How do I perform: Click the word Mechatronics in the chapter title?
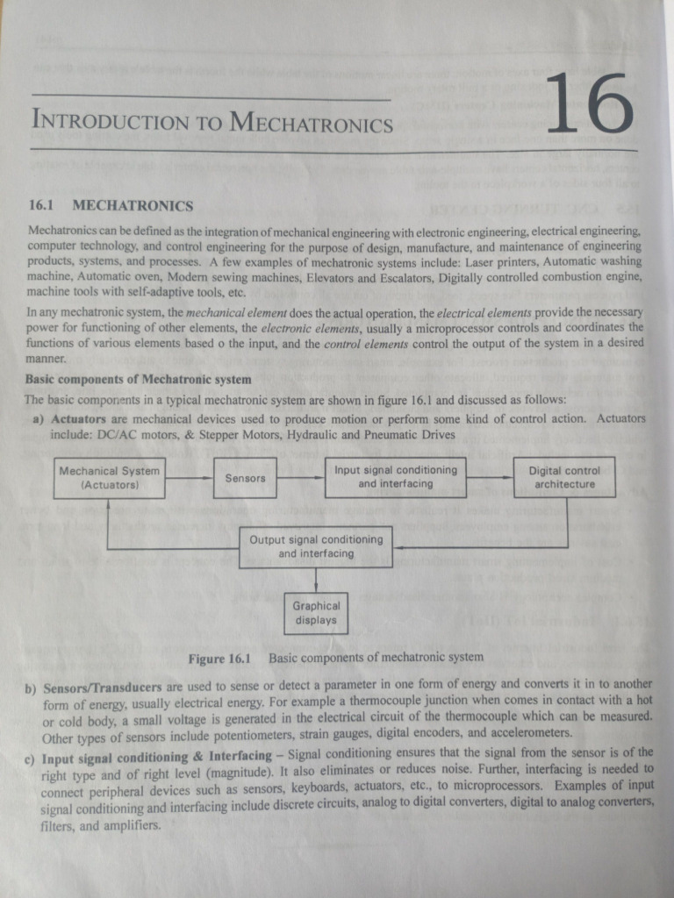click(311, 123)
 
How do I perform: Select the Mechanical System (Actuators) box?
click(109, 477)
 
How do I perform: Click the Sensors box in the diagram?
click(245, 478)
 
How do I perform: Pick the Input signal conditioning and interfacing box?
click(396, 477)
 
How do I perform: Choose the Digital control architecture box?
click(564, 477)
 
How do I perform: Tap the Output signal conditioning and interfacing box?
click(317, 546)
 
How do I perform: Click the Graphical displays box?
click(316, 612)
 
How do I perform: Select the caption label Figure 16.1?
click(219, 658)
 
